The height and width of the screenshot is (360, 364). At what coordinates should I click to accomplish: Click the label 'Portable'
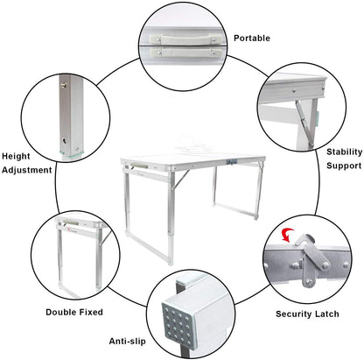tap(252, 39)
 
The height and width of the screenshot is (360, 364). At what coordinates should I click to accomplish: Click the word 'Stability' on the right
tap(344, 151)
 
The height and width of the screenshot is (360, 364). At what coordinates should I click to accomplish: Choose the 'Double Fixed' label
tap(73, 311)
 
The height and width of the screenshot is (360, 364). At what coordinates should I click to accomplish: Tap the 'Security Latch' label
tap(307, 313)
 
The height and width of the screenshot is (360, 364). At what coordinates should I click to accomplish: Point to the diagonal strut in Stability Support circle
tap(302, 114)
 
